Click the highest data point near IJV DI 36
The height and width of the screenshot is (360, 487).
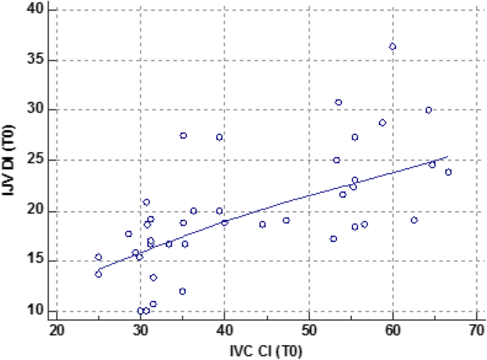(x=392, y=46)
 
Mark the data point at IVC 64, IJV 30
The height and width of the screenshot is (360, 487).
(x=429, y=110)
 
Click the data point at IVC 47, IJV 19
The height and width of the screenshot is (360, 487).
(x=287, y=220)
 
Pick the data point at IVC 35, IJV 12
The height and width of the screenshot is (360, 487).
(x=182, y=291)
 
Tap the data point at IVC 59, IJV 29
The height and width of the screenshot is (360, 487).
(x=382, y=122)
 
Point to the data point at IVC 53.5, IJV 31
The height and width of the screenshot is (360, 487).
(x=338, y=102)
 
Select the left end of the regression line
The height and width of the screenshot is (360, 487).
(x=97, y=270)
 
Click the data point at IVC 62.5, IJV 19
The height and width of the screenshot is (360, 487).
(x=414, y=220)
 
